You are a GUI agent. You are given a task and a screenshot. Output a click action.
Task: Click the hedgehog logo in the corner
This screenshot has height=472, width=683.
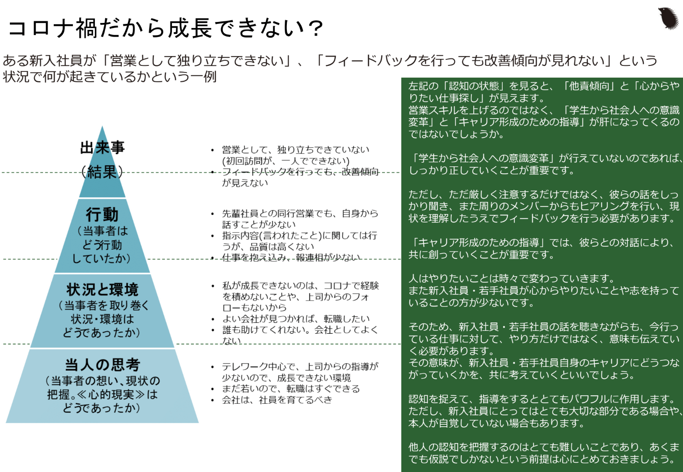coord(668,18)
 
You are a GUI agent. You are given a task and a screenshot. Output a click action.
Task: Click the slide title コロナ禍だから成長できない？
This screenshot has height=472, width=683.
coord(166,28)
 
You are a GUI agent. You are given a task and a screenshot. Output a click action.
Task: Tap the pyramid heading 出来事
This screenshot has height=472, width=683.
coord(102,148)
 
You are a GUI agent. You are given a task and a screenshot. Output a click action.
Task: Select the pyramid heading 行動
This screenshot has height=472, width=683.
coord(102,215)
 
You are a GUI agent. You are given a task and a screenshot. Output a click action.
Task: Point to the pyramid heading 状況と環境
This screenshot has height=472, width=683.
coord(102,290)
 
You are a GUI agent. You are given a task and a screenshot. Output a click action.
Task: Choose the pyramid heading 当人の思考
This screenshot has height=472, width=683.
coord(102,365)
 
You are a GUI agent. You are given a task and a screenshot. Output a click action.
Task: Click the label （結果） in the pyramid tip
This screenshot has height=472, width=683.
coord(102,172)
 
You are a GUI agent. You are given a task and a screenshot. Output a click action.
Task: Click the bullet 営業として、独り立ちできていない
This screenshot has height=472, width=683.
coord(295,150)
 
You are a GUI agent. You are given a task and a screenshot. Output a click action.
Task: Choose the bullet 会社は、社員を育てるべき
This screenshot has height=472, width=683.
coord(277,400)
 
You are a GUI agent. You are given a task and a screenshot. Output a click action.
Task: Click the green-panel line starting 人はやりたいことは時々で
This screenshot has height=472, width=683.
coord(512,279)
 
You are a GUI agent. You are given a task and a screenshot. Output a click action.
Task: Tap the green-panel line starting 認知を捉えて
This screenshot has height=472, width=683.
coord(542,399)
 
